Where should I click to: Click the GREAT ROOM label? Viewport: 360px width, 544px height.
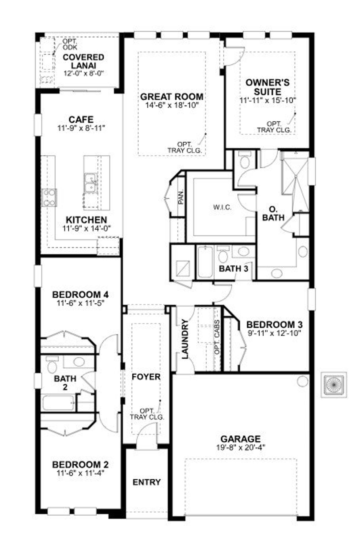[172, 97]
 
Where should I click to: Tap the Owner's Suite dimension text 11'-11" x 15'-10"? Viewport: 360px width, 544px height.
[268, 100]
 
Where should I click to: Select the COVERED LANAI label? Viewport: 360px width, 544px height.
[83, 61]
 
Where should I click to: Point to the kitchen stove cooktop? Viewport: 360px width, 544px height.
[49, 198]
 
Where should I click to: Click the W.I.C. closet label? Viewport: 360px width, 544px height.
[222, 208]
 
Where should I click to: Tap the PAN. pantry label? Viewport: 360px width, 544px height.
[181, 197]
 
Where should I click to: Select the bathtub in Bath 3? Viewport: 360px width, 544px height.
[205, 262]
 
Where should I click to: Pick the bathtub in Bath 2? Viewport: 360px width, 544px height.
[58, 403]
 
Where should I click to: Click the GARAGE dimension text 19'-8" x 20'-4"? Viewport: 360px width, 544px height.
[240, 447]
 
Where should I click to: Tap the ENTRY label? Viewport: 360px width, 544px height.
[147, 482]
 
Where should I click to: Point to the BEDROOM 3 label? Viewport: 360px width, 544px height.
[274, 324]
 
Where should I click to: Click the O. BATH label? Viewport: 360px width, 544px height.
[273, 214]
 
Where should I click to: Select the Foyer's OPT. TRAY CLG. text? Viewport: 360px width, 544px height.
[147, 414]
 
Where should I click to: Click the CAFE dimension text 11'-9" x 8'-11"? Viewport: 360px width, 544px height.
[81, 128]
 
